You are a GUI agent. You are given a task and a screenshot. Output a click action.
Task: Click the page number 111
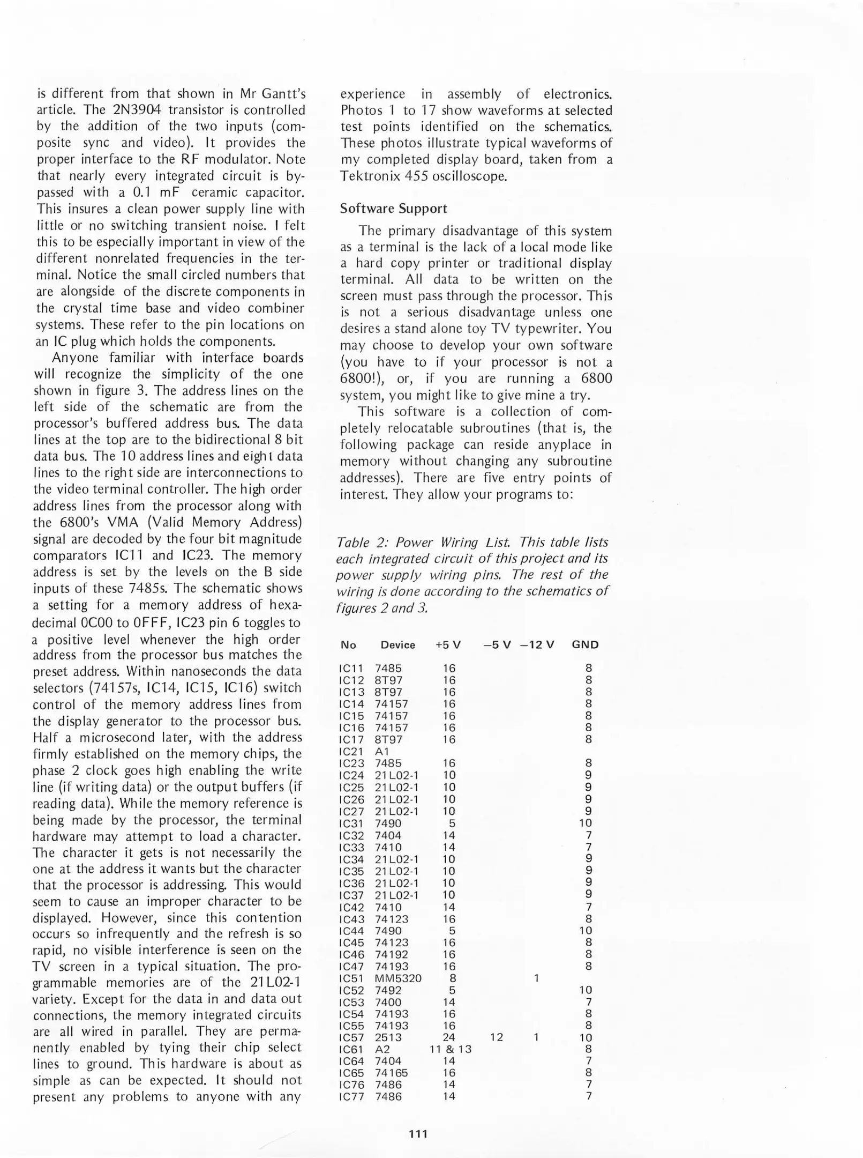[x=418, y=1133]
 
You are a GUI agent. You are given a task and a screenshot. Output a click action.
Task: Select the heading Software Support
[x=393, y=209]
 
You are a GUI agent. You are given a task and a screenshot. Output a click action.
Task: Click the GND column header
[x=585, y=645]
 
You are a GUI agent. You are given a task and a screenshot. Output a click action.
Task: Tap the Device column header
[x=397, y=645]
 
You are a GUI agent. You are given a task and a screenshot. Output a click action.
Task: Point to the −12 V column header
[x=537, y=645]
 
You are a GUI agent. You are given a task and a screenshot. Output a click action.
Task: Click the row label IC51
[x=351, y=978]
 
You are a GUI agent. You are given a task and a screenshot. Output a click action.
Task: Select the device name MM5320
[x=398, y=978]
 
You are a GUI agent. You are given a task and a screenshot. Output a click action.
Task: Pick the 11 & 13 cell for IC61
[x=450, y=1049]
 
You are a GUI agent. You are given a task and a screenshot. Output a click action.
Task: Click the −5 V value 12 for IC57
[x=497, y=1037]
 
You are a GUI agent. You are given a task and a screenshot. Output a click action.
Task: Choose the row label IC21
[x=351, y=752]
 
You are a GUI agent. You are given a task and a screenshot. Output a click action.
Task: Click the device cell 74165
[x=391, y=1073]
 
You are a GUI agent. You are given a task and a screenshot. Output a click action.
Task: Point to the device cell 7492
[x=388, y=990]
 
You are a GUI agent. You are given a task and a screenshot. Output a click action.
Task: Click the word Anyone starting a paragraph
[x=76, y=358]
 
